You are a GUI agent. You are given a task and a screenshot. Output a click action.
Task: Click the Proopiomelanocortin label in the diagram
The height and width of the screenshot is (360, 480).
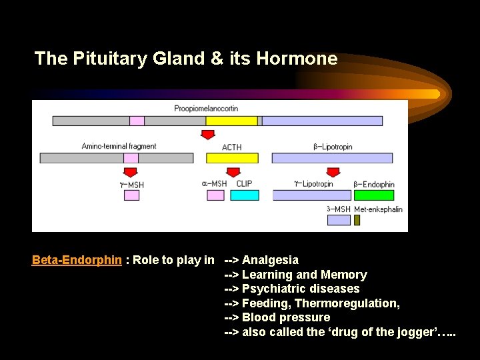click(206, 108)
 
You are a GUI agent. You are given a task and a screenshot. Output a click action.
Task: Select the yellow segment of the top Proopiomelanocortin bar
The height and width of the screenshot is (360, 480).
click(231, 121)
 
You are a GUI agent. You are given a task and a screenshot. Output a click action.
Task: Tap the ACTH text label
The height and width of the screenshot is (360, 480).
click(231, 147)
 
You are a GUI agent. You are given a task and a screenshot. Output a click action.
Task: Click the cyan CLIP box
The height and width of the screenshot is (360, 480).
click(245, 195)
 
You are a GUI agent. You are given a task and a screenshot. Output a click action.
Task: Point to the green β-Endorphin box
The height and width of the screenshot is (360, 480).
click(373, 195)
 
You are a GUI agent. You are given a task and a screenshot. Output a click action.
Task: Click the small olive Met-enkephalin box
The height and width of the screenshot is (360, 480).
click(357, 220)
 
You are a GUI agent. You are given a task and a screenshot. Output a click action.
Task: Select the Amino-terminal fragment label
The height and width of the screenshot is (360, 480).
click(119, 146)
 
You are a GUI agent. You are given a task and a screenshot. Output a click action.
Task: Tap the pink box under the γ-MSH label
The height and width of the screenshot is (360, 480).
click(131, 195)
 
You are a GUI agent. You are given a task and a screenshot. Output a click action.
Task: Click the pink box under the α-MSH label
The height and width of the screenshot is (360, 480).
click(215, 195)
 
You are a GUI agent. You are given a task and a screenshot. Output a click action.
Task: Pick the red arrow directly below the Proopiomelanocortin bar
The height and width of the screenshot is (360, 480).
click(208, 135)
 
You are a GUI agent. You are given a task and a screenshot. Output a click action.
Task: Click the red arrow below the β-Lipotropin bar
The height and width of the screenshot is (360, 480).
click(333, 173)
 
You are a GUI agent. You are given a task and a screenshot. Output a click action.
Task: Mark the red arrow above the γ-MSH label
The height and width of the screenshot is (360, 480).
click(131, 173)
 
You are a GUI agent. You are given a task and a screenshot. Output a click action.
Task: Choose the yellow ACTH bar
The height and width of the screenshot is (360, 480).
click(231, 158)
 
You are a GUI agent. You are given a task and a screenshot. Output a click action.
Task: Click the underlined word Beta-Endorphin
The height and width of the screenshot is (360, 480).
click(77, 260)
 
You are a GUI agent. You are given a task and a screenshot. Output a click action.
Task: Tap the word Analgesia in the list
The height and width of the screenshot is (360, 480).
click(270, 260)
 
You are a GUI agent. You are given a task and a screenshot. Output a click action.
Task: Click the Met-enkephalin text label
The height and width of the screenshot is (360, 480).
click(378, 209)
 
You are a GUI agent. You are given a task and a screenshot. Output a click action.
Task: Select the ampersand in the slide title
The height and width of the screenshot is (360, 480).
click(217, 59)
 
